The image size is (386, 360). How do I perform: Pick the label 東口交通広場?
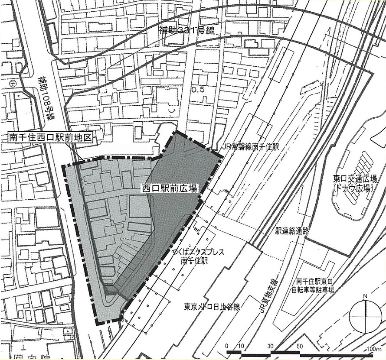click(x=355, y=178)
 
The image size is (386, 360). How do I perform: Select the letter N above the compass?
click(x=366, y=296)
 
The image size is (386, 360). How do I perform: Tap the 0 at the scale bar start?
click(x=227, y=347)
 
